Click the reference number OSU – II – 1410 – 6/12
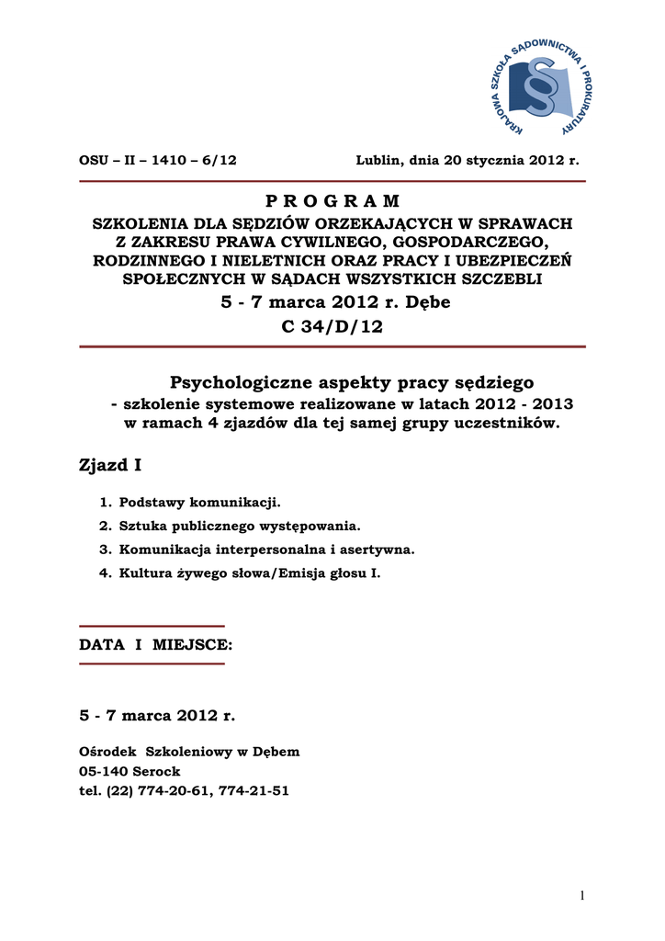point(158,160)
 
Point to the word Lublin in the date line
point(378,160)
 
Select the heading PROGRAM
point(332,201)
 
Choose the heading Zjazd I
point(110,466)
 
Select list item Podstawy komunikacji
point(198,503)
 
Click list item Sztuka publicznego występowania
point(240,527)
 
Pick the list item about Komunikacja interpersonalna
point(266,550)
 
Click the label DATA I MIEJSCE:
point(156,645)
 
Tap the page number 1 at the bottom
point(582,896)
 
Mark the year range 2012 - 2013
point(519,404)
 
